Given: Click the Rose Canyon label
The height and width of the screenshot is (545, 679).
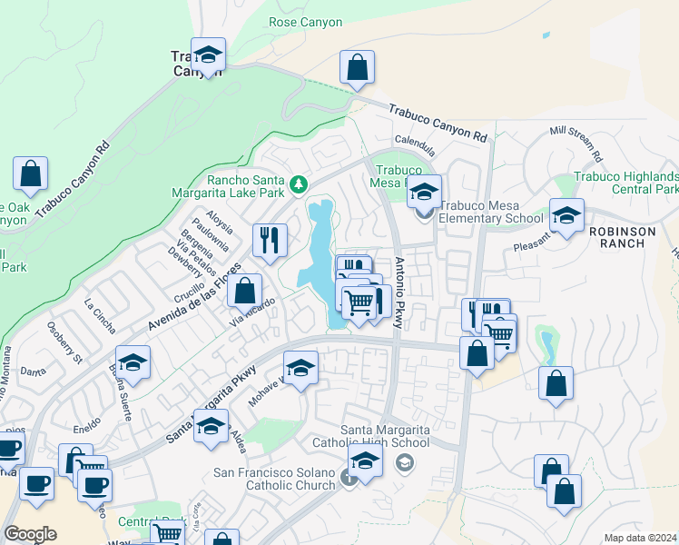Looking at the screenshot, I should click(x=306, y=22).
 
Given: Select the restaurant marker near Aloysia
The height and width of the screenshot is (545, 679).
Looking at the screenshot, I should click(x=270, y=240).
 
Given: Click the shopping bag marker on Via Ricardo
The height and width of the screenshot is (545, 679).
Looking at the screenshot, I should click(x=244, y=292).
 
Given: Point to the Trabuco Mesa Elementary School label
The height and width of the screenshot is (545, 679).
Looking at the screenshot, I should click(x=491, y=212).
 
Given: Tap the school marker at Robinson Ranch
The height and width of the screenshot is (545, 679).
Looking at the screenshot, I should click(x=566, y=217).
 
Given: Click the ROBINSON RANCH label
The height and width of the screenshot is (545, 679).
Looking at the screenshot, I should click(x=622, y=232).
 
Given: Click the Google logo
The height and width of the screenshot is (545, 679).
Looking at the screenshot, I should click(x=30, y=533).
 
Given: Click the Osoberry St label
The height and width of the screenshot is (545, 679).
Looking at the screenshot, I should click(x=64, y=339).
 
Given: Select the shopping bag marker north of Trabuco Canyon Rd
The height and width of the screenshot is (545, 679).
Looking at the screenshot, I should click(x=358, y=67).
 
